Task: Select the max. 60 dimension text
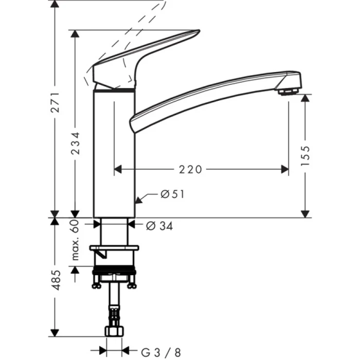coord(75,240)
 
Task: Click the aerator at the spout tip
coord(288,92)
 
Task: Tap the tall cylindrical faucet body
coord(114,154)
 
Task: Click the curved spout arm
coord(206,95)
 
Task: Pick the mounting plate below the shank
coord(114,249)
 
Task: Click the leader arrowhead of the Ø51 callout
coord(138,199)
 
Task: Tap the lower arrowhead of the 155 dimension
coord(305,213)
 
